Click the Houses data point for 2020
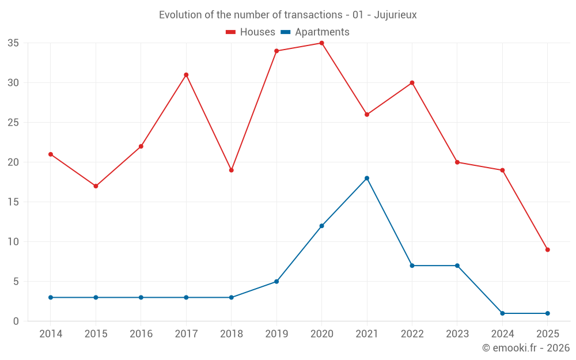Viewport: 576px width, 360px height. tap(321, 43)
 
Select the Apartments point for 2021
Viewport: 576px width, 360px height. tap(367, 178)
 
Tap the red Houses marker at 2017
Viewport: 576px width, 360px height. tap(186, 75)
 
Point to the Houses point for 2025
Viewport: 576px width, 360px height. tap(547, 249)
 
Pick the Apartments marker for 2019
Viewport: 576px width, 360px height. tap(276, 282)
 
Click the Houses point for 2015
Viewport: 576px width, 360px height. tap(96, 186)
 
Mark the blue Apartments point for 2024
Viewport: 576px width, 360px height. tap(502, 313)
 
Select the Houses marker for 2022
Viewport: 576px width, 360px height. tap(412, 83)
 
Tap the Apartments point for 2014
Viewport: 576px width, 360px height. tap(51, 297)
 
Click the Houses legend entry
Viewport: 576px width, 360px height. tap(251, 32)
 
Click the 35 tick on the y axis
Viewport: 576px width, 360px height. tap(13, 43)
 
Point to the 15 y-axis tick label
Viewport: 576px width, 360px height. tap(13, 202)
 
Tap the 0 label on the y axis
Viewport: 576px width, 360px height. tap(16, 321)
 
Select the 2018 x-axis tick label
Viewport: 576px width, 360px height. tap(231, 334)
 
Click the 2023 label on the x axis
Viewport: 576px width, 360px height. tap(457, 334)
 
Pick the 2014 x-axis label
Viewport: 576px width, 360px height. tap(51, 334)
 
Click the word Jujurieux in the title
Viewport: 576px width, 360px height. tap(395, 15)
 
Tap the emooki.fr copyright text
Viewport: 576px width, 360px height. tap(526, 348)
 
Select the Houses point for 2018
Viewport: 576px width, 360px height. tap(231, 170)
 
